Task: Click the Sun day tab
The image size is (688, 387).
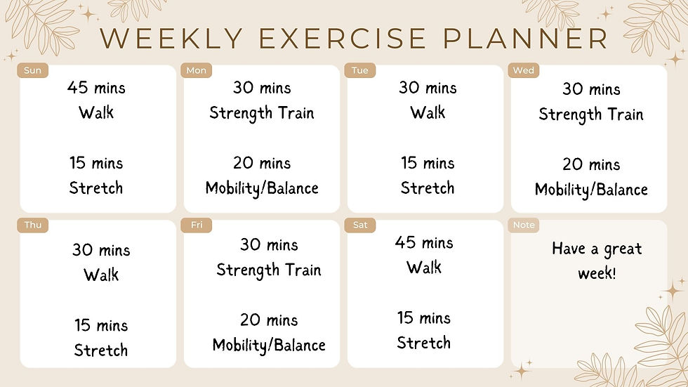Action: pos(32,70)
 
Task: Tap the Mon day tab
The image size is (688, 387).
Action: pos(197,70)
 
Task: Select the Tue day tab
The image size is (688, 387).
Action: pos(360,70)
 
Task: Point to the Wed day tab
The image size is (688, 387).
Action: pos(524,70)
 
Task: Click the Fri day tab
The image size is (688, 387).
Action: pos(197,225)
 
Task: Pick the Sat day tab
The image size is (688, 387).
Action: pos(360,225)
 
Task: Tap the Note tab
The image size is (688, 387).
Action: pos(524,225)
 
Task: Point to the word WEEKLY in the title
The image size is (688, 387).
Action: pos(173,39)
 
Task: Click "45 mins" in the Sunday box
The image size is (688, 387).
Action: pos(96,88)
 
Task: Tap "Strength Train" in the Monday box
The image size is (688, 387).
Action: pos(261,113)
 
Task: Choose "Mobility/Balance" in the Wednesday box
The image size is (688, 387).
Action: pos(591,190)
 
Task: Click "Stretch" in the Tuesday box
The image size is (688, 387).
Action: pos(428,188)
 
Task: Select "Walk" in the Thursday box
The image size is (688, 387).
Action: pos(101,275)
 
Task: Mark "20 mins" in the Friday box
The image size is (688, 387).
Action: pos(269,320)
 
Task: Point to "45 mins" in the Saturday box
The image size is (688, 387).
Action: pos(424,243)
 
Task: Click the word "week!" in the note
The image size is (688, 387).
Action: pos(597,273)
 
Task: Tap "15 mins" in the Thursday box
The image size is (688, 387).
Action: pos(101,325)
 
